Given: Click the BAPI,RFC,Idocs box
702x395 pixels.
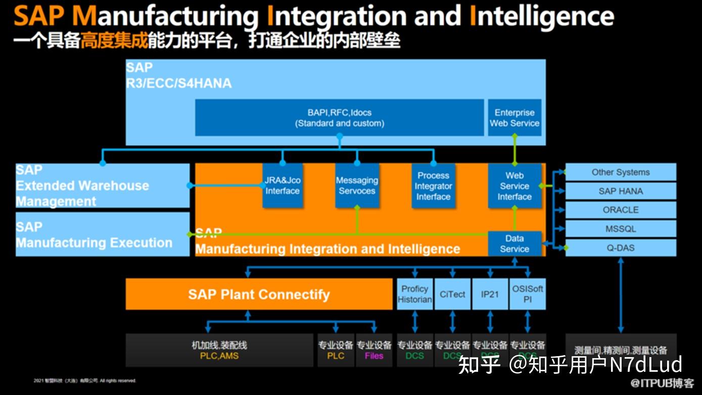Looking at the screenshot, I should point(339,118).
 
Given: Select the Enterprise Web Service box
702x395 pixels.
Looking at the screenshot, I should point(514,118).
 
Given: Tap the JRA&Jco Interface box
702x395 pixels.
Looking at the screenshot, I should point(283,185).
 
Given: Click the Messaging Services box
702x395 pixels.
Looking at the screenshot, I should point(357,185).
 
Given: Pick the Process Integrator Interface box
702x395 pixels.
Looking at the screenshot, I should point(433,185).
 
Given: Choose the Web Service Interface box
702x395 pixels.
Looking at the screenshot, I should point(514,185).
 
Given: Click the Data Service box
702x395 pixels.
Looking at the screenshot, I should point(514,243).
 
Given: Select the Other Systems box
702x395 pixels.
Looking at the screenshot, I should point(620,172).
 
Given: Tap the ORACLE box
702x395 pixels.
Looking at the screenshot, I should point(620,210).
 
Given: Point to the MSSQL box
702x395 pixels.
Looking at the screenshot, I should point(620,229).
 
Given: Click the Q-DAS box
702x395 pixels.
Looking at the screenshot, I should point(620,248).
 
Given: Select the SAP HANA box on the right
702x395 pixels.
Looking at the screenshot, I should point(620,191).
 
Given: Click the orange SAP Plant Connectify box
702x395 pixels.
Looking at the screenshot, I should point(259,294).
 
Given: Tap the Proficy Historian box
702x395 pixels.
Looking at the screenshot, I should point(414,294).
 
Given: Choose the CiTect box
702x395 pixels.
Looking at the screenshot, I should point(452,294).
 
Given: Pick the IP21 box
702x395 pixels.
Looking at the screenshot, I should point(490,294).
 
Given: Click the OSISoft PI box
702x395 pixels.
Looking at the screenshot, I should point(527,294).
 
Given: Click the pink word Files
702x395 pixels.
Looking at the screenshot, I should point(374,356).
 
